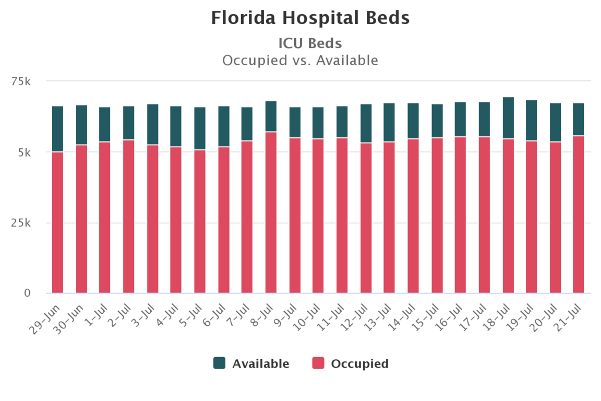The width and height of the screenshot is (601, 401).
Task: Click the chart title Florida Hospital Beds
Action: (310, 18)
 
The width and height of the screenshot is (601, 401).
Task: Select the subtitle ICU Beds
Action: (310, 43)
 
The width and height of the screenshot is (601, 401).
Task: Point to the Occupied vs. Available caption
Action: (300, 61)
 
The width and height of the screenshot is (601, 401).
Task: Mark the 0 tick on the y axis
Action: (28, 293)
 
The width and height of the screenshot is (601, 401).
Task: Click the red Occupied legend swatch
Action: (318, 363)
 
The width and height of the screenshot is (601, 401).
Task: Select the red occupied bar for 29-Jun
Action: (57, 222)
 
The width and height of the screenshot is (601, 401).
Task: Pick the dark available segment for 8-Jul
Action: (271, 116)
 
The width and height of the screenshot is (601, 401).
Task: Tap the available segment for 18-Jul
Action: (508, 118)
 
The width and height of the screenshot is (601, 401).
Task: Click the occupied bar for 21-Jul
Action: (579, 215)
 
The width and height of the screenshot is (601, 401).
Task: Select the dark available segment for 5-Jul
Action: (200, 128)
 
